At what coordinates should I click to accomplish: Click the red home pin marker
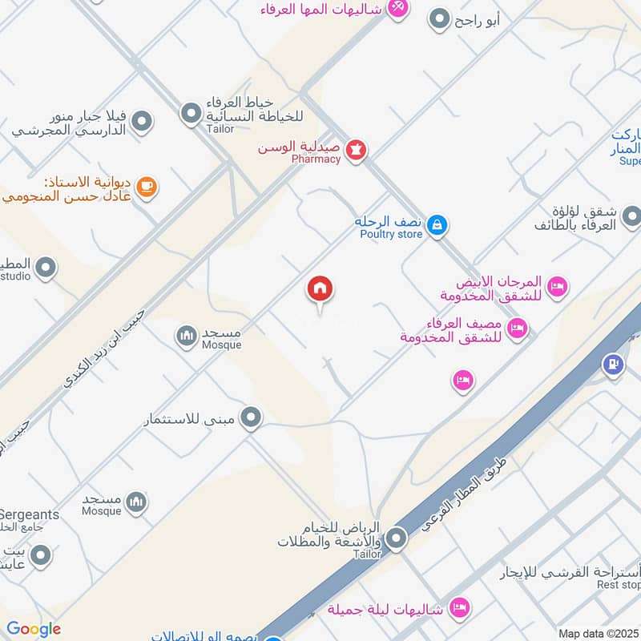tap(320, 290)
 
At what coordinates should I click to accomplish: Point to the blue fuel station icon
tap(614, 364)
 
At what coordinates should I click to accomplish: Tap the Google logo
tap(34, 629)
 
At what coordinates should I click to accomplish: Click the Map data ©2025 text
tap(599, 634)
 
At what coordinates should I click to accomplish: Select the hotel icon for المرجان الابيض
tap(556, 285)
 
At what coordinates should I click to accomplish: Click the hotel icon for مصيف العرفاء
tap(518, 328)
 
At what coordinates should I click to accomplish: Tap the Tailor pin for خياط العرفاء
tap(191, 115)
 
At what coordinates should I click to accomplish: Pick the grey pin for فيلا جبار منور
tap(142, 122)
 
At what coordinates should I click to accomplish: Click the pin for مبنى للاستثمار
tap(252, 417)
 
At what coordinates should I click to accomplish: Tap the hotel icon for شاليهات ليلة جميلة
tap(458, 607)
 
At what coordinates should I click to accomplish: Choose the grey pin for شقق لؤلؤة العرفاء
tap(631, 216)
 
